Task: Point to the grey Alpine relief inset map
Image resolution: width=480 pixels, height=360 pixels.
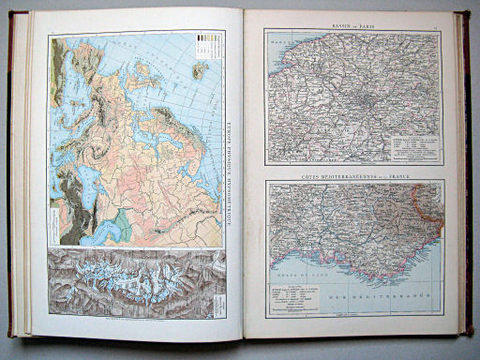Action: pyautogui.click(x=131, y=281)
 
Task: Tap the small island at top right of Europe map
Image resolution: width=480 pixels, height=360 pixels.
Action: pyautogui.click(x=198, y=69)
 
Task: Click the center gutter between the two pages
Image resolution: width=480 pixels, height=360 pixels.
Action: pyautogui.click(x=242, y=178)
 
